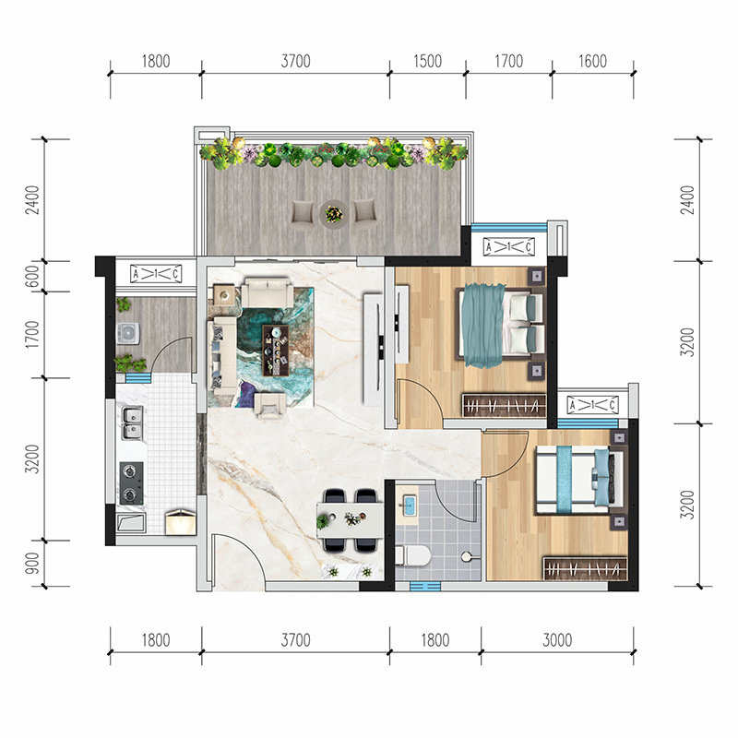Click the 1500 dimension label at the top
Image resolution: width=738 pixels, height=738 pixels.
427,61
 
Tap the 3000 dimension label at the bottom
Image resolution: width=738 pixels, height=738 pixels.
557,640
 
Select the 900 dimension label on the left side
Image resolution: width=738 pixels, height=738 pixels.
32,563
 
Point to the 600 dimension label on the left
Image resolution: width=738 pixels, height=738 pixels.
32,277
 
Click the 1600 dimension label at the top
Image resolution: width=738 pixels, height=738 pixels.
592,61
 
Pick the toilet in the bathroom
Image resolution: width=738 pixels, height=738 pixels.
412,555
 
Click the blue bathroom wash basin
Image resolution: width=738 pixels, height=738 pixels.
409,506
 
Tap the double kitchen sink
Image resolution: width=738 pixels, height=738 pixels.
132,423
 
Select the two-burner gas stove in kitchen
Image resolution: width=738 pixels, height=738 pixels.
131,482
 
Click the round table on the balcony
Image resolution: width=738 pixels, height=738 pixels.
334,215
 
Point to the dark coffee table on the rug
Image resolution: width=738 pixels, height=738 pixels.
275,351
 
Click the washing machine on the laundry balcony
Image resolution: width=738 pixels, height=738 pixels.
127,333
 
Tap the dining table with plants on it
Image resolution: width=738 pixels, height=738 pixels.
351,519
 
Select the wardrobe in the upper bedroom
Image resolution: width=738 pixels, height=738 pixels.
504,405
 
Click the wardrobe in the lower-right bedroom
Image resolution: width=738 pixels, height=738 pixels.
585,569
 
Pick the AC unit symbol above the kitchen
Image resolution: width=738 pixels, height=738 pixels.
156,273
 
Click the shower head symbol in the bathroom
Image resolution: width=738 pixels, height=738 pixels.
467,557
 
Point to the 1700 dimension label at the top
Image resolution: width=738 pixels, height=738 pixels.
509,61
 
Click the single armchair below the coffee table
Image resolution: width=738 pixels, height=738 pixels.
269,405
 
